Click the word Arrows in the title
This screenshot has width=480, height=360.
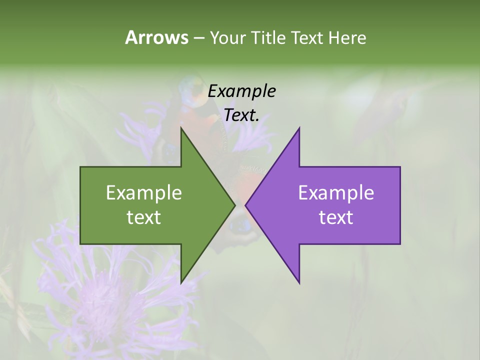pos(156,37)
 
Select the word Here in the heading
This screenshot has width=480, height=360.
pos(347,37)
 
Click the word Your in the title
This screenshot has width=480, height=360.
pos(228,37)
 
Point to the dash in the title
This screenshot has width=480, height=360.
pos(199,38)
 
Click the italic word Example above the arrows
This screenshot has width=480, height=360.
pos(242,91)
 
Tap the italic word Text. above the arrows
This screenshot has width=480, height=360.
pos(242,115)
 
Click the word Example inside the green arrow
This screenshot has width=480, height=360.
pos(144,192)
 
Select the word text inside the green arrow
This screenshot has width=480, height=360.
pos(144,217)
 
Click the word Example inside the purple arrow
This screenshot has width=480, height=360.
pos(336,192)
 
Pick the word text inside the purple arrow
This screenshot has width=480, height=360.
pos(336,217)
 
